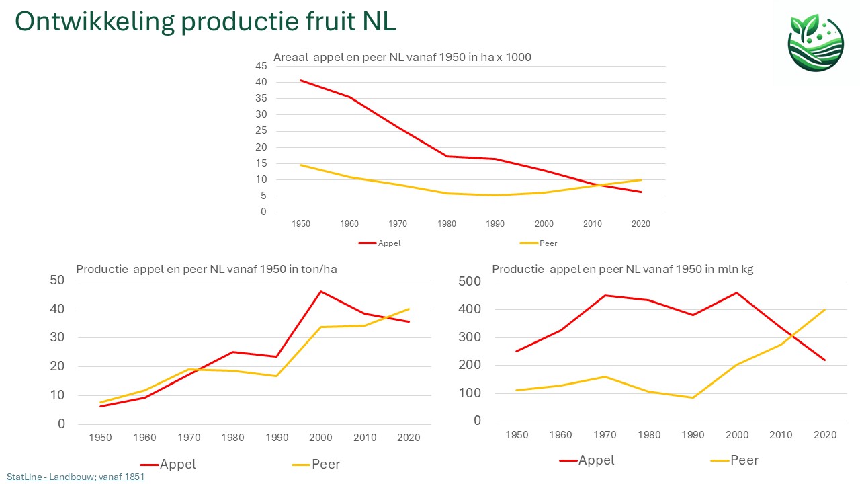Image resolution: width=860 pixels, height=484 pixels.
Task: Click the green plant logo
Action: coord(815,42)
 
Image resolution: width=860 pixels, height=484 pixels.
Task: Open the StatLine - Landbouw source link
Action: coord(76,477)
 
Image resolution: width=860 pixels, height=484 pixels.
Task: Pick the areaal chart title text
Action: coord(402,57)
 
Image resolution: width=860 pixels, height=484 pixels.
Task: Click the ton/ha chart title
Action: coord(206,269)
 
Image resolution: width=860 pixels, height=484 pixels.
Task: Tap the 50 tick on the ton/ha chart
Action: coord(58,280)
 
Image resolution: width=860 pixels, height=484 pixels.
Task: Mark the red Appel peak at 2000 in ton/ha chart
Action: coord(321,291)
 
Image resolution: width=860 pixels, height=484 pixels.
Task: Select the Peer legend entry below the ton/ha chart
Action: coord(325,464)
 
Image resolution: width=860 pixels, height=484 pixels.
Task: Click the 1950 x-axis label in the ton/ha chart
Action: coord(101,438)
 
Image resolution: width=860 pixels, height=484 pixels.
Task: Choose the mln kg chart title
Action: coord(622,269)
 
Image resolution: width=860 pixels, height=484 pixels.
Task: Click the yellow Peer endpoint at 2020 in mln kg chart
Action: coord(824,310)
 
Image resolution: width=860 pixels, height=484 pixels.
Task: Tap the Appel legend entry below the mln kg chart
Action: coord(596,460)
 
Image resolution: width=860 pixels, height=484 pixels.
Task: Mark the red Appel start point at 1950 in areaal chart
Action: coord(301,80)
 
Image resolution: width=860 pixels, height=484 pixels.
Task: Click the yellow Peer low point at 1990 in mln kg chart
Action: coord(692,397)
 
